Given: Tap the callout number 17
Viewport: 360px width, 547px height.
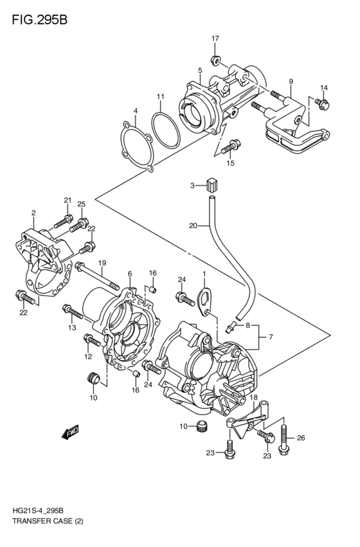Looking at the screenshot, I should pos(215,39).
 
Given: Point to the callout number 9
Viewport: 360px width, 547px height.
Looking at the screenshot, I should pos(291,82).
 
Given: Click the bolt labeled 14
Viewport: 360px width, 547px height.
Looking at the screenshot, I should pos(322,103).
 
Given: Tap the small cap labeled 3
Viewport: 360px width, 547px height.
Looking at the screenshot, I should pos(209,186).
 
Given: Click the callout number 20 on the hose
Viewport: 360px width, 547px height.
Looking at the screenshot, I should pos(193,226).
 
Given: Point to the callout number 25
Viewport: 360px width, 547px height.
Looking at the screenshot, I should pos(81,204).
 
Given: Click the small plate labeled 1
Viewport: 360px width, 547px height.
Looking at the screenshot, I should pos(204,300).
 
